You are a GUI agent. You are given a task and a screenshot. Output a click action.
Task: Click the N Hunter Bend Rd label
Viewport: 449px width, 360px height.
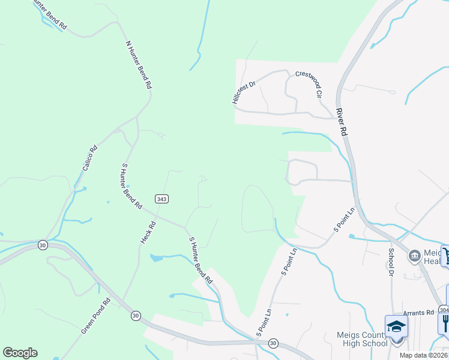pos(139,65)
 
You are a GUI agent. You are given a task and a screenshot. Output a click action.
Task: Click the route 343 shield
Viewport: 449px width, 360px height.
pos(161,199)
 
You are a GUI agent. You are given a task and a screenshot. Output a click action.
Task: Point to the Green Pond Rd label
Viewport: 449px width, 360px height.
pos(95,317)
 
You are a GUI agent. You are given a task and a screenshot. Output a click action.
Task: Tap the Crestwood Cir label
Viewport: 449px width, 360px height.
pos(309,83)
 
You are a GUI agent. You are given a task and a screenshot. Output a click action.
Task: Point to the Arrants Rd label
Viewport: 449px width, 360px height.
pos(418,313)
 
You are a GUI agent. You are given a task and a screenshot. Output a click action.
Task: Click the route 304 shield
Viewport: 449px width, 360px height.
pos(444,310)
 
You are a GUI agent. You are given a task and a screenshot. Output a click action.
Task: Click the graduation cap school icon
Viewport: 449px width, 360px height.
pos(396,326)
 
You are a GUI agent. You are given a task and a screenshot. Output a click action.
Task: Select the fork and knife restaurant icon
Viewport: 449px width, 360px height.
pos(445,325)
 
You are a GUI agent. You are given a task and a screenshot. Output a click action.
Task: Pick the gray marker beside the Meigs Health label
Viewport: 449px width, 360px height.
pos(415,257)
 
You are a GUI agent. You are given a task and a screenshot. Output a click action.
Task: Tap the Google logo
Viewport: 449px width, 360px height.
pos(20,353)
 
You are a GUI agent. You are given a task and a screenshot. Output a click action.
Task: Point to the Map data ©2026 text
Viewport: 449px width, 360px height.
pos(423,355)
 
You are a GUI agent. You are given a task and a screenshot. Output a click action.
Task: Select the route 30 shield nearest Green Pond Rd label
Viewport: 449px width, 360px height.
pos(136,315)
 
